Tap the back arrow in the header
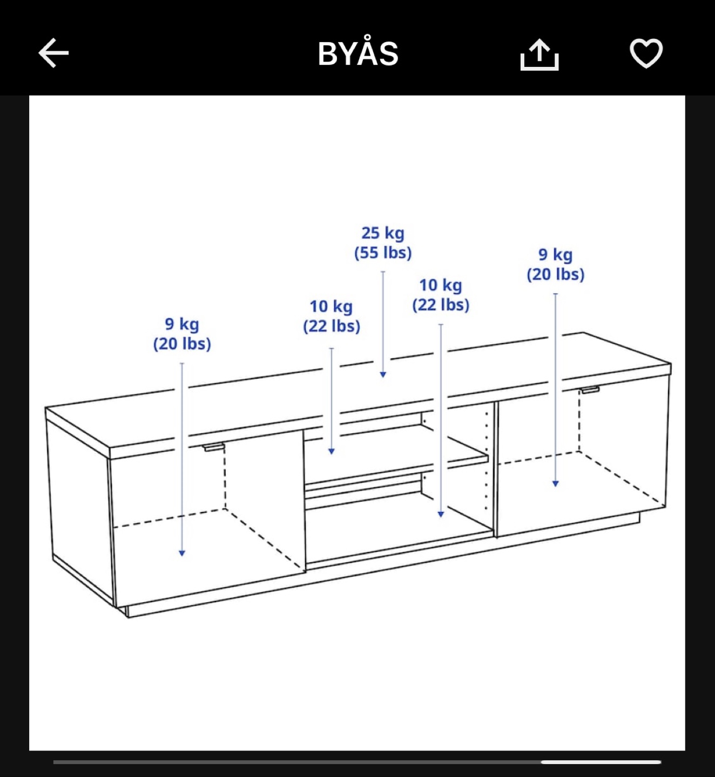(x=53, y=53)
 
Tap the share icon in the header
(x=539, y=54)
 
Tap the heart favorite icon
(x=646, y=53)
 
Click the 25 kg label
(x=383, y=233)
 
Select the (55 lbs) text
(x=383, y=253)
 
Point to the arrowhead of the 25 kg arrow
(x=383, y=374)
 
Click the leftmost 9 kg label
(x=182, y=324)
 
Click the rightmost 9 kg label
(x=555, y=255)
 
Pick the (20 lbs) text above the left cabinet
(x=182, y=344)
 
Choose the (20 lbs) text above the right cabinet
(x=555, y=275)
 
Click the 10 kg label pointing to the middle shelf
(x=331, y=307)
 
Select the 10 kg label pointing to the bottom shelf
(x=441, y=285)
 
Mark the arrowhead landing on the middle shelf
(x=331, y=451)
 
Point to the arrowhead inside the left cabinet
(x=182, y=554)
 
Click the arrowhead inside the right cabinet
(x=555, y=484)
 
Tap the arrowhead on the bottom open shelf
(x=441, y=514)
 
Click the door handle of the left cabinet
(x=213, y=447)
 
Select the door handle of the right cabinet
(x=590, y=390)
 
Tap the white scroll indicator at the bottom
(x=601, y=762)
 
